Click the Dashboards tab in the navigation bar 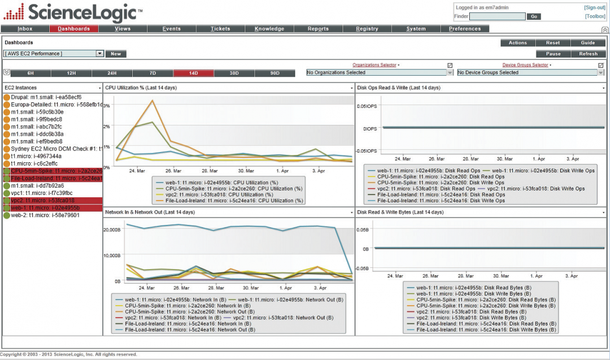73,29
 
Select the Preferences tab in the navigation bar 465,29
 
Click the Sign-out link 595,7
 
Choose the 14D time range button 193,73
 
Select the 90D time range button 274,73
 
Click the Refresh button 588,54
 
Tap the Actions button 517,43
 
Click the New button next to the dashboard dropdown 116,54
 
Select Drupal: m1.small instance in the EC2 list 46,97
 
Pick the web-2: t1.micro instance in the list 45,215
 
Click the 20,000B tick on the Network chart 112,229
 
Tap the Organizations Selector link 374,65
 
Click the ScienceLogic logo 71,12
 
